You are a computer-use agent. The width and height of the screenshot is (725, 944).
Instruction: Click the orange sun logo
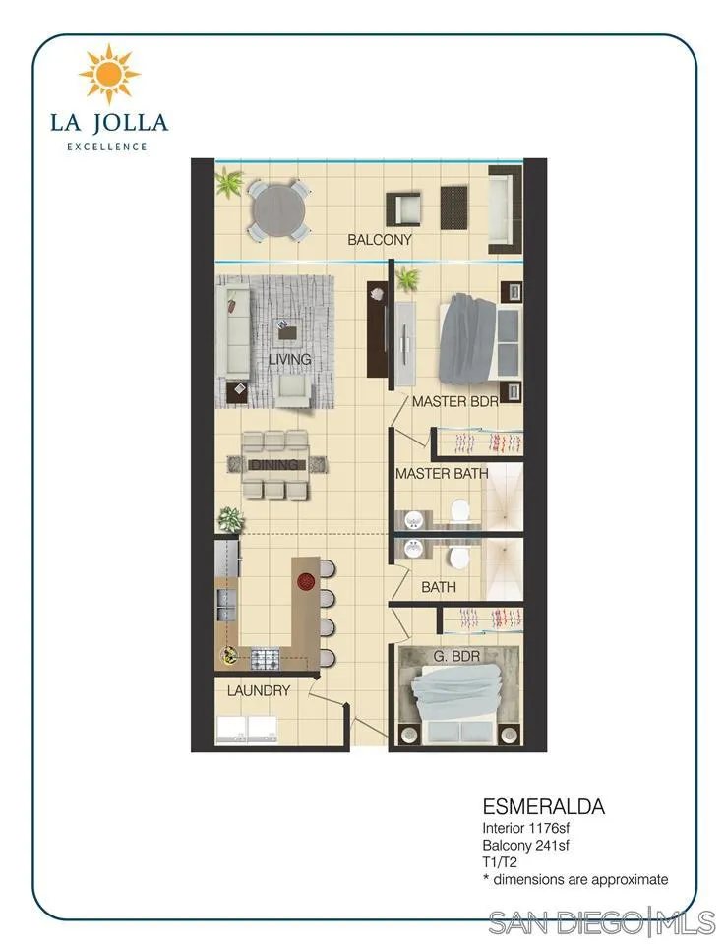[109, 74]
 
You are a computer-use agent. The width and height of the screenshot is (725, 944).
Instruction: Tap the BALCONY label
[380, 240]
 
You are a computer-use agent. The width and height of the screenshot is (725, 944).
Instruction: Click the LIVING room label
[289, 360]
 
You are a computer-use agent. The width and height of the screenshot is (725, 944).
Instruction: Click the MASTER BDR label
[455, 401]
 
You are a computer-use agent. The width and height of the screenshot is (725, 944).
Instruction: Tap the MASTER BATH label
[442, 474]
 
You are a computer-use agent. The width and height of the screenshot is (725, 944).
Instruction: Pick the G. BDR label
[456, 656]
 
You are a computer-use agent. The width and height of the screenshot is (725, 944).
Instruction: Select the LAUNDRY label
[259, 690]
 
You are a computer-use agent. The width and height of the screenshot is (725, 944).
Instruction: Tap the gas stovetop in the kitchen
[265, 659]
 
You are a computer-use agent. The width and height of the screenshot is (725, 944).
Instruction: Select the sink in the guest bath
[413, 549]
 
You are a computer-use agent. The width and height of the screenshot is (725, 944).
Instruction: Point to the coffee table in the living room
[288, 329]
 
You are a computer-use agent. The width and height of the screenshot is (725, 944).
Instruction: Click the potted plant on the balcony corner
[229, 183]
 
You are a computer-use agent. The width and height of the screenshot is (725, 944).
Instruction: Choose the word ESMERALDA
[543, 806]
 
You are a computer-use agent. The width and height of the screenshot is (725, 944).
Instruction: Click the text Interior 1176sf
[525, 828]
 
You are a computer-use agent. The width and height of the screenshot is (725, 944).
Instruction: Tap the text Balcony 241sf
[525, 846]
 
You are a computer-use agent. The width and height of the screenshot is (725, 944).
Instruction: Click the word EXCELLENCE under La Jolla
[107, 147]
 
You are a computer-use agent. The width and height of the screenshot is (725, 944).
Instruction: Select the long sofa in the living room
[233, 330]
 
